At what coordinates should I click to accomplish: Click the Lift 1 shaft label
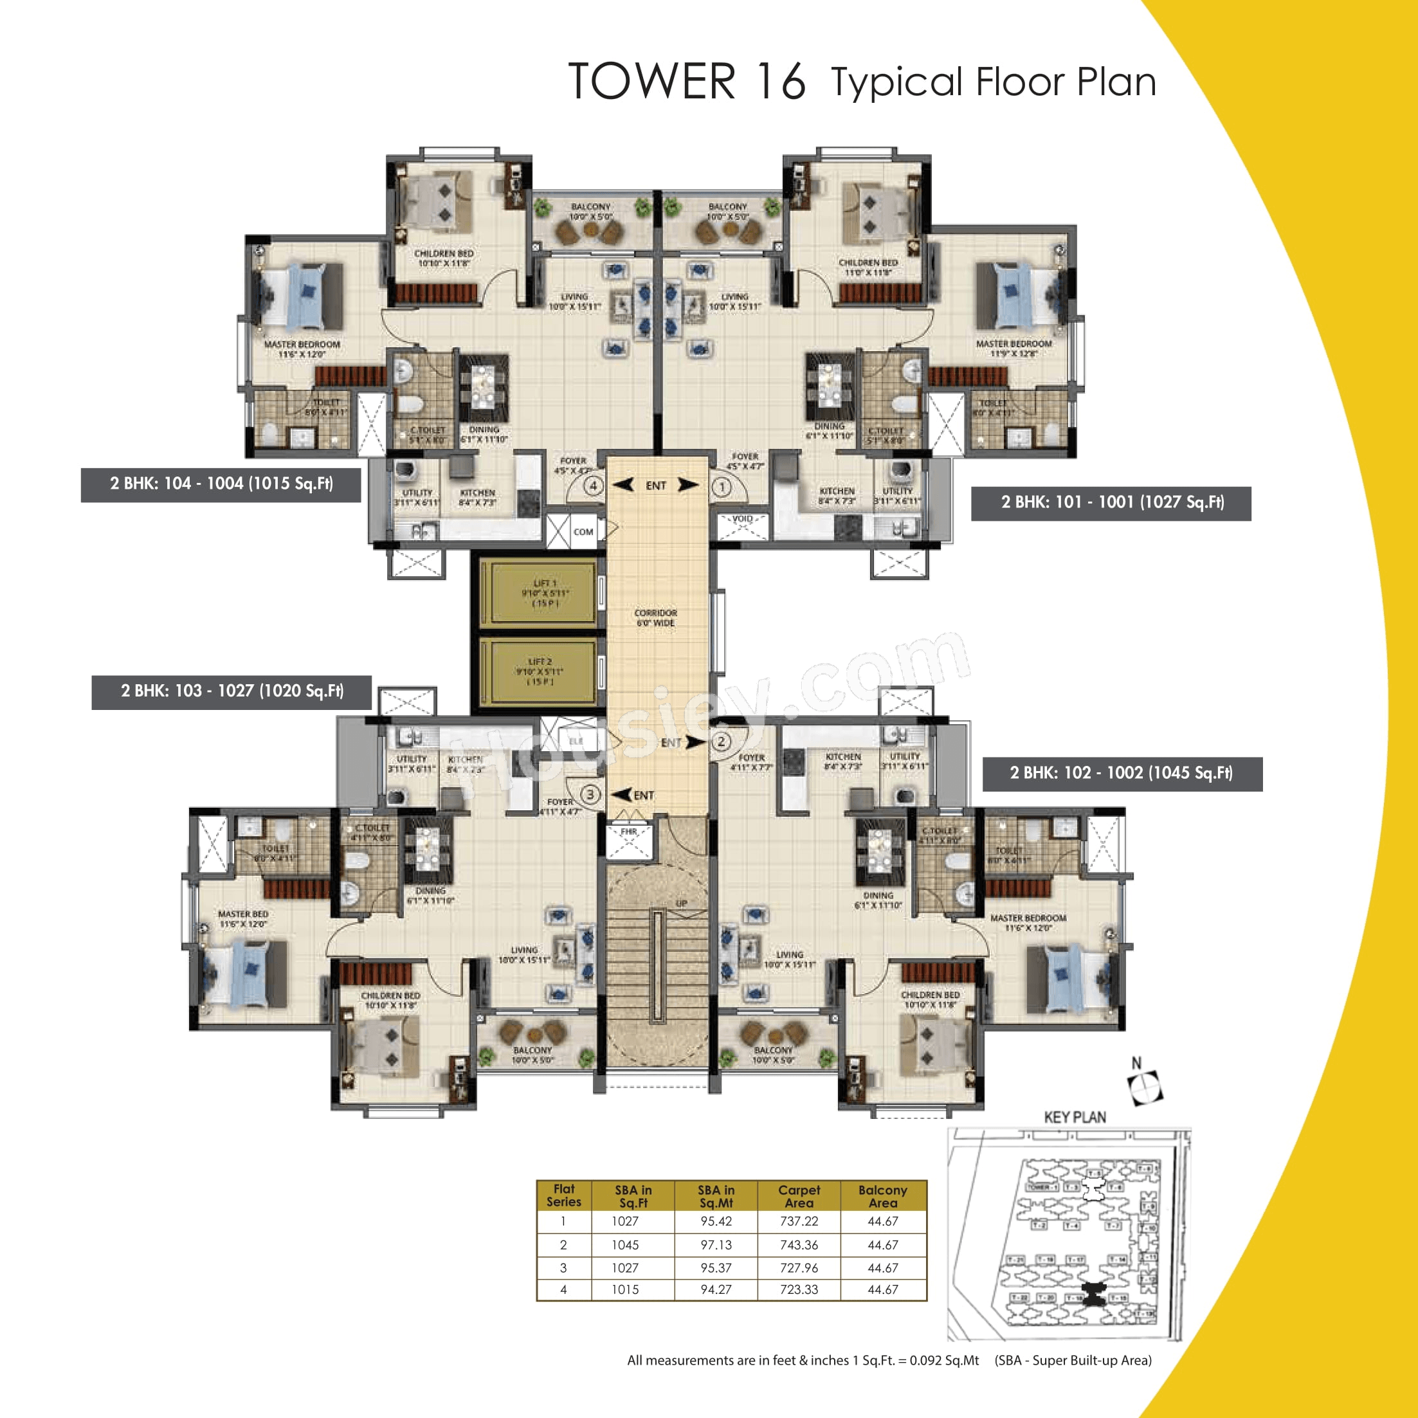(x=545, y=593)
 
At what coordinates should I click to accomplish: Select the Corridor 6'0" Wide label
(x=655, y=618)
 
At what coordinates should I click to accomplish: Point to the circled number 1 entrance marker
(x=722, y=486)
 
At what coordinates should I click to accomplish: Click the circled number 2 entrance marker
(x=722, y=741)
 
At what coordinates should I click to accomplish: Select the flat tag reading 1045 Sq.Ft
(x=1122, y=773)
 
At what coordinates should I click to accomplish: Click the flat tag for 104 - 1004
(x=221, y=484)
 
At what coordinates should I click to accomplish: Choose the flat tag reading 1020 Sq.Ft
(x=232, y=691)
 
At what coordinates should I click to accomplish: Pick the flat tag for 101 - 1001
(x=1111, y=503)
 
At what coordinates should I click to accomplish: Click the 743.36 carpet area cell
(x=799, y=1245)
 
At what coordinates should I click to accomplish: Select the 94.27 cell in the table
(x=716, y=1289)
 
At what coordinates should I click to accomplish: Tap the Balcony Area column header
(x=882, y=1195)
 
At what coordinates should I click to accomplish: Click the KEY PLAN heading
(x=1075, y=1117)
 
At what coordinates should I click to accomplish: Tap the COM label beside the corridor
(x=583, y=532)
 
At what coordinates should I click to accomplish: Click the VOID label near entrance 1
(x=742, y=519)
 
